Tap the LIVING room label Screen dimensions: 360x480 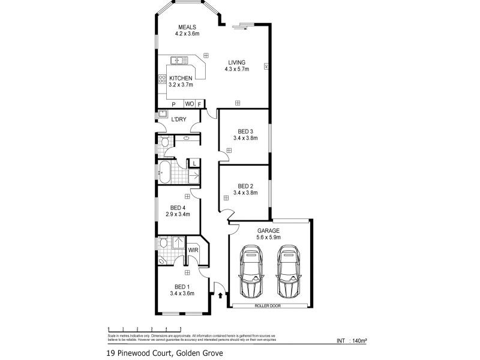(238, 61)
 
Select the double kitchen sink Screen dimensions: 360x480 (178, 60)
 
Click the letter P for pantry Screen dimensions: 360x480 (174, 104)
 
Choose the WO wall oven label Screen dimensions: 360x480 (189, 104)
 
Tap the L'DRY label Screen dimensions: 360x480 (179, 119)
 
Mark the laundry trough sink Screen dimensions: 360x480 (163, 113)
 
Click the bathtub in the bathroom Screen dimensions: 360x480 (166, 172)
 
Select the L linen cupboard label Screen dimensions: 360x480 (194, 163)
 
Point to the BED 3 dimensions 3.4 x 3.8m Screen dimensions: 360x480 (245, 138)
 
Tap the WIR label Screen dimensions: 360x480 (193, 250)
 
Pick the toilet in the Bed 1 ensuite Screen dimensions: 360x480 (164, 243)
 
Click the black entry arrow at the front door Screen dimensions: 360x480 (221, 295)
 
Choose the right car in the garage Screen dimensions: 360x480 (289, 271)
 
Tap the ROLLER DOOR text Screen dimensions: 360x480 (270, 305)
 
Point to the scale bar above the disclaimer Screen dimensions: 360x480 (145, 329)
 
